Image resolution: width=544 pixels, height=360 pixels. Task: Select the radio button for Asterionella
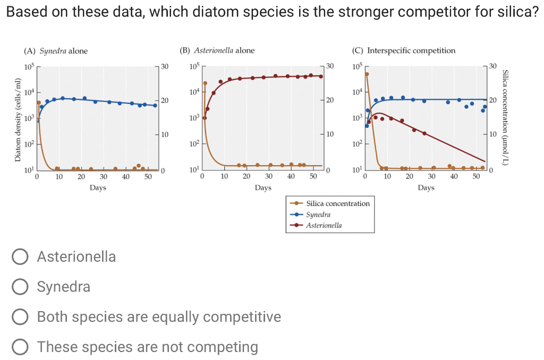tap(20, 257)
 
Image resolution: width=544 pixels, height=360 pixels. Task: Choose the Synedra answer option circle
tap(20, 287)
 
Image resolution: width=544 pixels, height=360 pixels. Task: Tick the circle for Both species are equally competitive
tap(20, 317)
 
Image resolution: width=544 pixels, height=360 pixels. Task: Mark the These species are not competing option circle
tap(20, 347)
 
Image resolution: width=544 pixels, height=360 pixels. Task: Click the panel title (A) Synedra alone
tap(56, 51)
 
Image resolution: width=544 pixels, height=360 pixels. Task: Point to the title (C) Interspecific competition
tap(404, 50)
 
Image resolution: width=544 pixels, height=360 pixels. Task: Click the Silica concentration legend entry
tap(338, 203)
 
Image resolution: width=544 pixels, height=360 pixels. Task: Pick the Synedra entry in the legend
tap(318, 215)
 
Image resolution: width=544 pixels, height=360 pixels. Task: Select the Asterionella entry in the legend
tap(324, 225)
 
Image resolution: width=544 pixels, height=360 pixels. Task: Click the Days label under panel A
tap(98, 187)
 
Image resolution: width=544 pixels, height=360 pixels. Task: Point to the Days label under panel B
tap(263, 187)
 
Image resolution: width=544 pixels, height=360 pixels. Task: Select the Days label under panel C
tap(426, 187)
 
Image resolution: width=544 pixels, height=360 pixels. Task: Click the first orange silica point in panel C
tap(367, 74)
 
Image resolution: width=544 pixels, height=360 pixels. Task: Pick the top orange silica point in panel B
tap(205, 83)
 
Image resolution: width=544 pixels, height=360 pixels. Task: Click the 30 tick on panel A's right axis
tap(164, 66)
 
